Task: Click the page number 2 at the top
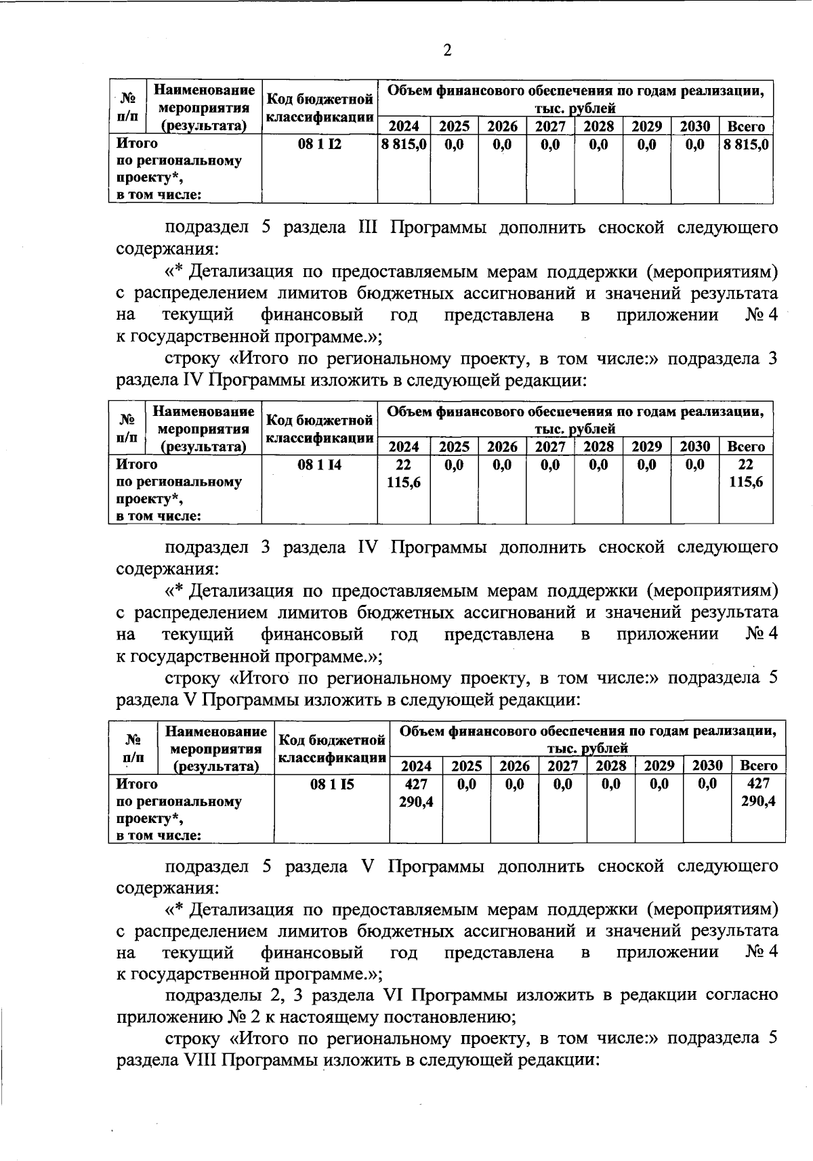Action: (x=446, y=51)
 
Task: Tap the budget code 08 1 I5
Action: (x=332, y=784)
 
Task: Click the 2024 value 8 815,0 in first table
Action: (x=404, y=144)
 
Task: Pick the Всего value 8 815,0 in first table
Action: (x=746, y=144)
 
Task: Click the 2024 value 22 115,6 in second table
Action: (x=404, y=473)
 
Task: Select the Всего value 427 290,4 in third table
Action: (x=759, y=793)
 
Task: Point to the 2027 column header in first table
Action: (x=550, y=127)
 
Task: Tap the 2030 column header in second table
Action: (x=694, y=447)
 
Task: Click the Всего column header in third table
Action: (x=759, y=766)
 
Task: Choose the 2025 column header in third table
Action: (x=467, y=766)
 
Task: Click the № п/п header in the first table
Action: (x=129, y=106)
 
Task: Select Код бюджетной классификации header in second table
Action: (x=319, y=429)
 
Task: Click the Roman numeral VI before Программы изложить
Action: (x=393, y=995)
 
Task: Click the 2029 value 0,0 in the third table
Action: (x=659, y=784)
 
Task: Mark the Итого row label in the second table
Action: (x=138, y=465)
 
